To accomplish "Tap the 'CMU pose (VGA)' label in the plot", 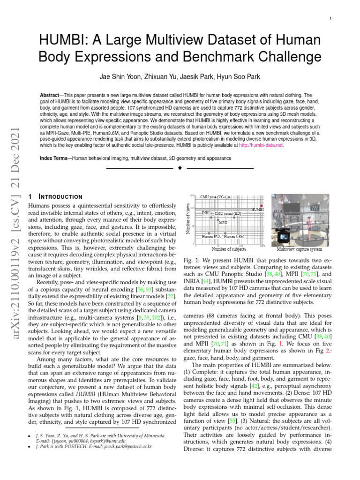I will tap(215, 197).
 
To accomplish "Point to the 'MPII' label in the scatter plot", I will tap(223, 222).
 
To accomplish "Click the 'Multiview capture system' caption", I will tap(299, 249).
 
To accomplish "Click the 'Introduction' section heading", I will tap(59, 196).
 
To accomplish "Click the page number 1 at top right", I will tap(330, 18).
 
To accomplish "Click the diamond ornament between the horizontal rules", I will tap(180, 168).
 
